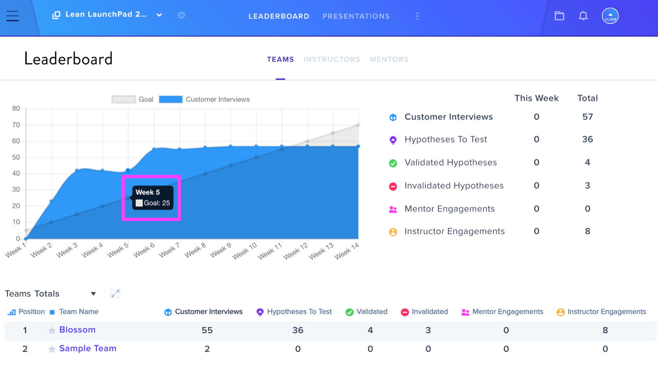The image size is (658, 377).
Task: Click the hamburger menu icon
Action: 13,16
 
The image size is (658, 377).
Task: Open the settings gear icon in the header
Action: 181,15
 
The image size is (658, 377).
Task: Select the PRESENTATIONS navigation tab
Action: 356,16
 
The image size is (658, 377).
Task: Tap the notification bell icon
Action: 583,16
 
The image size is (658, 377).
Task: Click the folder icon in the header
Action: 559,16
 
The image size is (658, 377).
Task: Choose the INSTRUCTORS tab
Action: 331,59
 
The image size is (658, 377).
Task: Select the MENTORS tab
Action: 389,59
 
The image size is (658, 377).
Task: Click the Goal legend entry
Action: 132,99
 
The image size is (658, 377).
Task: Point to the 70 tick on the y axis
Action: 16,125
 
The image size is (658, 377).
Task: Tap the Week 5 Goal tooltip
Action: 153,198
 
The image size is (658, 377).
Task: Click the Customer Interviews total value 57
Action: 588,117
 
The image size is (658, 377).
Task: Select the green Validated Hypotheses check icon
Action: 393,163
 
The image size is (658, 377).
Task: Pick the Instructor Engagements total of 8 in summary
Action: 588,231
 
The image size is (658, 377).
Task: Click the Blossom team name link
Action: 77,330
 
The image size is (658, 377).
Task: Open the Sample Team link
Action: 88,349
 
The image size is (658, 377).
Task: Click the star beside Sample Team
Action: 52,349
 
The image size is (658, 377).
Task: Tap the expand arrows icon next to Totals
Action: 115,293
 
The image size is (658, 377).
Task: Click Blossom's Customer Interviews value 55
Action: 207,330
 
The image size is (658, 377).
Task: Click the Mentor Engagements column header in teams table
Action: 502,312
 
